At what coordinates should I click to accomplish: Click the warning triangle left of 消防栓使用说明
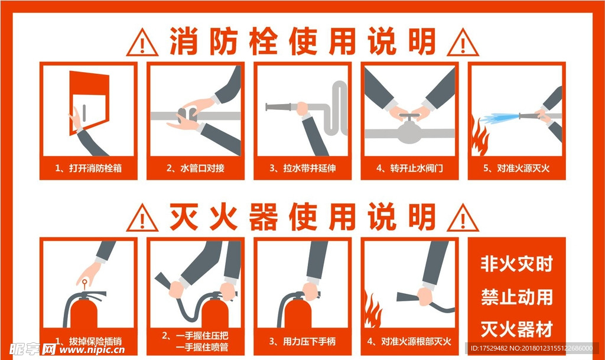[x=142, y=42]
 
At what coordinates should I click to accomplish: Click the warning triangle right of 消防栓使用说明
[x=463, y=42]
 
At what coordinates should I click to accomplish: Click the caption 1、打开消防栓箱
[x=89, y=168]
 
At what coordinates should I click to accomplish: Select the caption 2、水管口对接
[x=196, y=168]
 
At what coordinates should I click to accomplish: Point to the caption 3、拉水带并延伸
[x=302, y=168]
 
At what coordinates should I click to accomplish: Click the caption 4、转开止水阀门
[x=409, y=168]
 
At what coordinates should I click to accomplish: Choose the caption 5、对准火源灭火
[x=516, y=168]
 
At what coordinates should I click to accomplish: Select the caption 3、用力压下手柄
[x=302, y=341]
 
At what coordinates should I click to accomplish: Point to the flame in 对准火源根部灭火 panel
[x=373, y=311]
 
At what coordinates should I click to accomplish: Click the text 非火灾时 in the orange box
[x=516, y=264]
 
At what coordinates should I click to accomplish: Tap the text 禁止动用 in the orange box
[x=516, y=296]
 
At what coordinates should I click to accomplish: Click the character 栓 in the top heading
[x=255, y=41]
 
